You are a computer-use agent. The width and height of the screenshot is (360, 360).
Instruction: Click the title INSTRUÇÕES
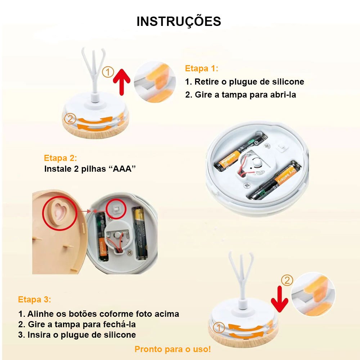click(179, 21)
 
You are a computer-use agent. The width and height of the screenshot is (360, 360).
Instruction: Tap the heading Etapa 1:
click(202, 68)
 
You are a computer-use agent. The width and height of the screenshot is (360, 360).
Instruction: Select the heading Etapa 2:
click(60, 158)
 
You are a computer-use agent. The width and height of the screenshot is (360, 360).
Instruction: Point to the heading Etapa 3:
click(35, 300)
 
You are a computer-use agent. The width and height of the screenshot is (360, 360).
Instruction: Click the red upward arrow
click(121, 82)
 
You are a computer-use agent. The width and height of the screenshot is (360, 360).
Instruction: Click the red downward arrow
click(279, 299)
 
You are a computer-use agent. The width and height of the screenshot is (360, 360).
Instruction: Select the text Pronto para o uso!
click(173, 349)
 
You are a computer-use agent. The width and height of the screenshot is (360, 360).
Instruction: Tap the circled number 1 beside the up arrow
click(108, 72)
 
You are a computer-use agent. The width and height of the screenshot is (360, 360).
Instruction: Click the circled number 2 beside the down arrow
click(287, 280)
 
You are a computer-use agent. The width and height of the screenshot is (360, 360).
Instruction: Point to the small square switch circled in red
click(116, 209)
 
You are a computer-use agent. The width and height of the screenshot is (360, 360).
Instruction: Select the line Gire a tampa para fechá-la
click(82, 324)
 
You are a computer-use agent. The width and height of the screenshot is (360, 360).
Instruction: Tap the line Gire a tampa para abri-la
click(246, 95)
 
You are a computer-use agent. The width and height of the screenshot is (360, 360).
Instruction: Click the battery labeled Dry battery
click(274, 180)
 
